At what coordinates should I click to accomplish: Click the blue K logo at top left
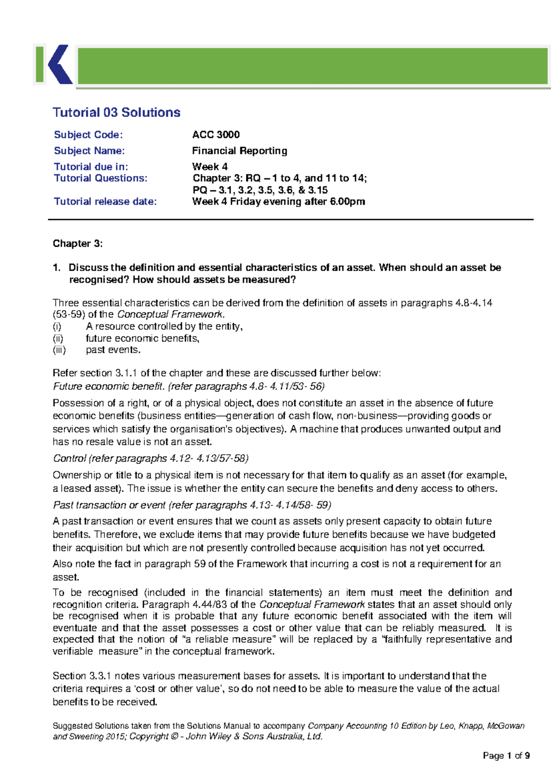click(x=59, y=65)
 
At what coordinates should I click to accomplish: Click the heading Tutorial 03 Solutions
click(x=116, y=113)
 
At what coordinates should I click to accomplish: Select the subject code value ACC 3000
click(x=216, y=135)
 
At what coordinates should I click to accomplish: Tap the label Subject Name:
click(x=89, y=151)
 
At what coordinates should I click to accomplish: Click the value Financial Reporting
click(x=239, y=151)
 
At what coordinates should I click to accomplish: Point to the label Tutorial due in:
click(x=91, y=167)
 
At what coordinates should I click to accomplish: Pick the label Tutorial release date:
click(x=105, y=202)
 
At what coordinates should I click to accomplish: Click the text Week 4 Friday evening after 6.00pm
click(x=278, y=202)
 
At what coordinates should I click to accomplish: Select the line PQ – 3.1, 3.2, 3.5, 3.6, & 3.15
click(x=260, y=190)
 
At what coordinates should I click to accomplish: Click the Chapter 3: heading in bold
click(x=78, y=243)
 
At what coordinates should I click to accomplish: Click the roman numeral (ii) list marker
click(x=58, y=338)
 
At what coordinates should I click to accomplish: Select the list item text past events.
click(x=113, y=350)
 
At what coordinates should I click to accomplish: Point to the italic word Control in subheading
click(x=69, y=458)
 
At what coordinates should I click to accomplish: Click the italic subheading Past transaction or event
click(x=109, y=505)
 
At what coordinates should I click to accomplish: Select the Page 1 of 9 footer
click(x=506, y=756)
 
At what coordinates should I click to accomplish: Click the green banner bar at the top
click(x=312, y=66)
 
